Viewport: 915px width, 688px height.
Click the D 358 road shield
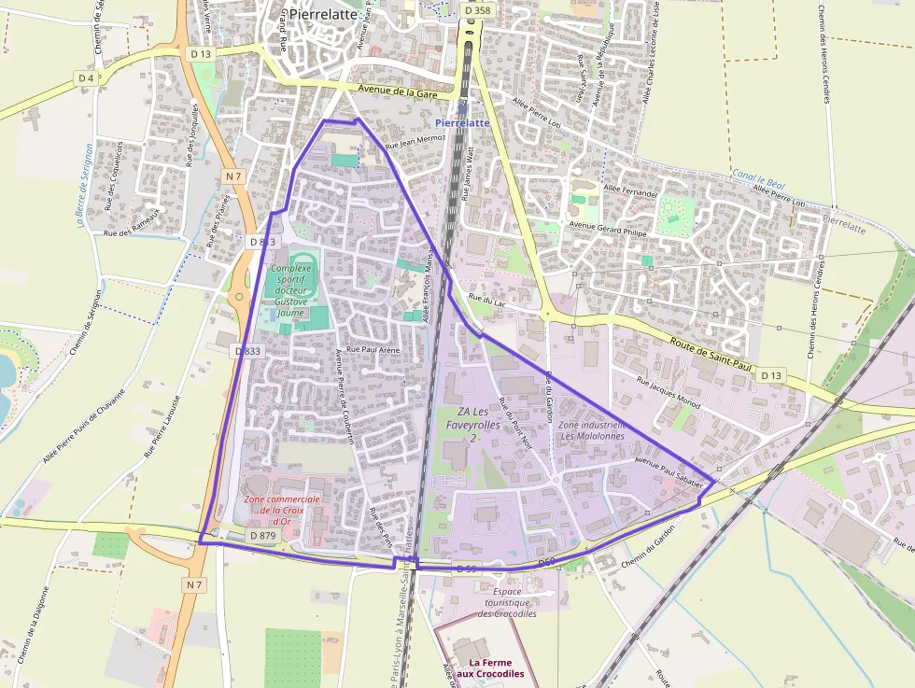pyautogui.click(x=476, y=10)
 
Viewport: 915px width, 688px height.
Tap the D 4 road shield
pyautogui.click(x=86, y=77)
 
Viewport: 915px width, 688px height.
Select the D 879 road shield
pyautogui.click(x=263, y=536)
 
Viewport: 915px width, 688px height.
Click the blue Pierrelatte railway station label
pyautogui.click(x=462, y=122)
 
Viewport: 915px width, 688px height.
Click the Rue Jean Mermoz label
pyautogui.click(x=415, y=140)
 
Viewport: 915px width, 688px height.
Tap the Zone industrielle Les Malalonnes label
pyautogui.click(x=593, y=429)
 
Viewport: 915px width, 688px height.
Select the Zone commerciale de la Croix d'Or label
pyautogui.click(x=282, y=511)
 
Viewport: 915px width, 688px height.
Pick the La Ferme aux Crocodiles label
pyautogui.click(x=490, y=667)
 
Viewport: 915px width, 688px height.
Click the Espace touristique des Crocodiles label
pyautogui.click(x=507, y=602)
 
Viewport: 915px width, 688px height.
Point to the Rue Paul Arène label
pyautogui.click(x=373, y=348)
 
